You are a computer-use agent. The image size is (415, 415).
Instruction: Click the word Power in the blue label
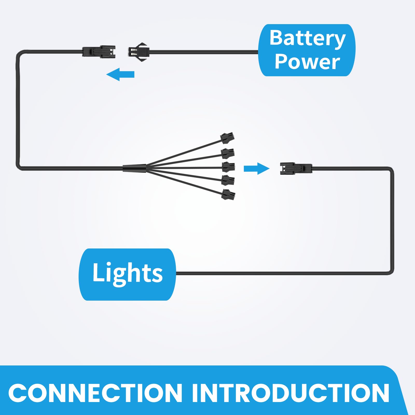point(307,62)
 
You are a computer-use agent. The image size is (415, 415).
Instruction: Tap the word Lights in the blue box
point(128,273)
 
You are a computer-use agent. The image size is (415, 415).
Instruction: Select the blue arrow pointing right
point(257,169)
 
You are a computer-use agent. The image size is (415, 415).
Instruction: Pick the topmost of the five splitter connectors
point(227,137)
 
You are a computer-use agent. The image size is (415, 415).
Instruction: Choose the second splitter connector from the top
point(228,153)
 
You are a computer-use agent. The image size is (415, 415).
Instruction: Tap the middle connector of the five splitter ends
point(229,167)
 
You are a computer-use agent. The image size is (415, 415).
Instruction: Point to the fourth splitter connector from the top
point(228,180)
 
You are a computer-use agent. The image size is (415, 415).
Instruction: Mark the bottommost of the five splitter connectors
point(228,194)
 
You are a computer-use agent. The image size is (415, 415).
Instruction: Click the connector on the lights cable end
point(296,169)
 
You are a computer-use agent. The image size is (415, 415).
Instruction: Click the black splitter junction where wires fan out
point(134,168)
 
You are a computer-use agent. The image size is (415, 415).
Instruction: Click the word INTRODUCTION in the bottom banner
point(290,393)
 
